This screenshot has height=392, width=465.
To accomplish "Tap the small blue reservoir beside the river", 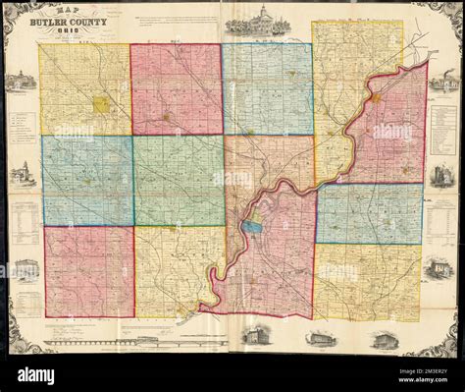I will pyautogui.click(x=252, y=226).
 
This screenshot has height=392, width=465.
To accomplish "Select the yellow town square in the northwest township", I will pyautogui.click(x=101, y=103).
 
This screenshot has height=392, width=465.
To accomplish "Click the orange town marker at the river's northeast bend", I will pyautogui.click(x=376, y=98).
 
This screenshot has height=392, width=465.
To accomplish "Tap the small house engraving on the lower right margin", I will pyautogui.click(x=439, y=267).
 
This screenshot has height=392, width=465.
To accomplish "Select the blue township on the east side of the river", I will pyautogui.click(x=369, y=213).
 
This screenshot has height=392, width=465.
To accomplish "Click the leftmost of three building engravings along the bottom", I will pyautogui.click(x=255, y=336).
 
